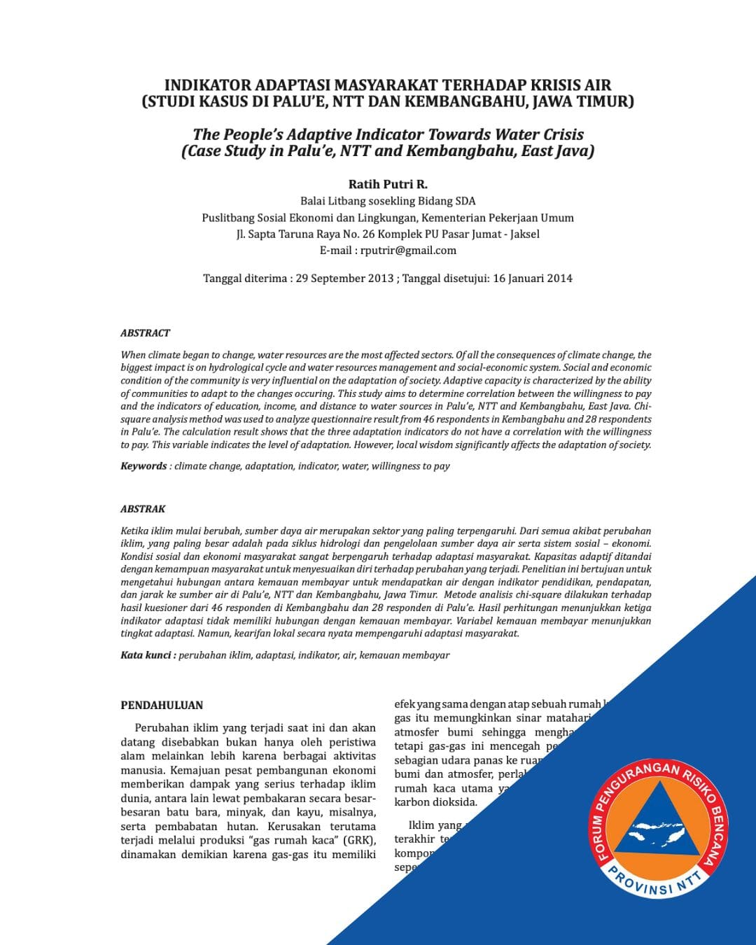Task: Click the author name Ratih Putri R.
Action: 387,184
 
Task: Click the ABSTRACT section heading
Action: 145,333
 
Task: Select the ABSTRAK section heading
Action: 143,509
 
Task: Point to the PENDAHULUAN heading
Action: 162,705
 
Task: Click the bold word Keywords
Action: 143,466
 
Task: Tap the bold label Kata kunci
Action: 146,655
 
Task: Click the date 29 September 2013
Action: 344,279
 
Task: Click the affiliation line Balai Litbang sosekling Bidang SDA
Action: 387,201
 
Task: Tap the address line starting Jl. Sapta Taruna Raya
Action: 387,234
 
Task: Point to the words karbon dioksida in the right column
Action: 435,802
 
